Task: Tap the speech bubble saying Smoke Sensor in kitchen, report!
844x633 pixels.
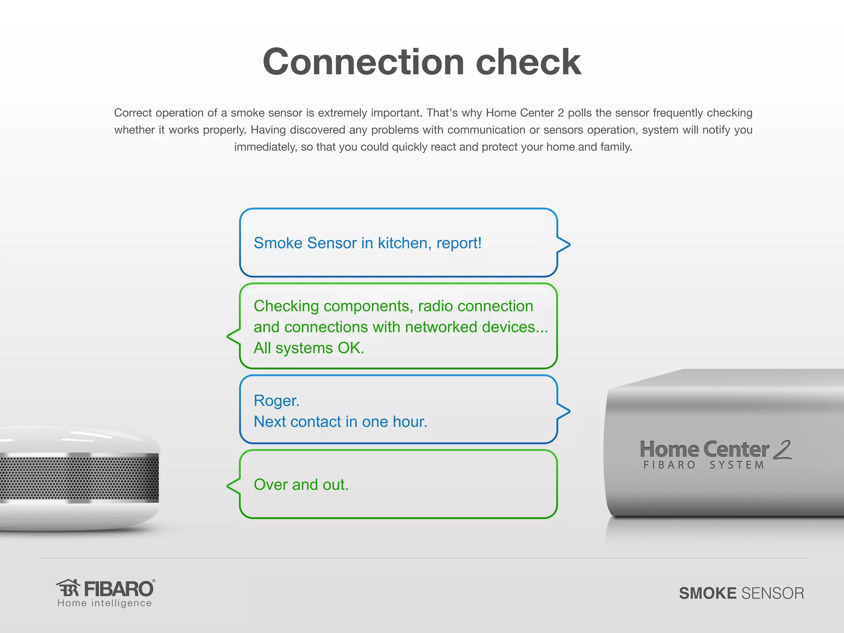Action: tap(398, 243)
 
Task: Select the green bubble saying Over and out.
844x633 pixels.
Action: tap(398, 485)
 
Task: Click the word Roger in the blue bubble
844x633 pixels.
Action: tap(276, 401)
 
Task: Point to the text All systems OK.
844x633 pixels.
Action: tap(309, 348)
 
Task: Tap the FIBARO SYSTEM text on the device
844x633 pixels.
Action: tap(704, 465)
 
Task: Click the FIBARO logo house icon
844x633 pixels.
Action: tap(68, 588)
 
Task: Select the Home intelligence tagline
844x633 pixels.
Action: tap(105, 603)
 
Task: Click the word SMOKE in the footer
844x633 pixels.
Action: tap(707, 593)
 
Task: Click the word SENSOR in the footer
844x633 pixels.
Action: tap(772, 593)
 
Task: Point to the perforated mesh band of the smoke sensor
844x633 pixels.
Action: tap(78, 478)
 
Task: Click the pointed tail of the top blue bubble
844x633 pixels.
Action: tap(565, 244)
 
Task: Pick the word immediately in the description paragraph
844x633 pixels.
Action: tap(265, 147)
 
